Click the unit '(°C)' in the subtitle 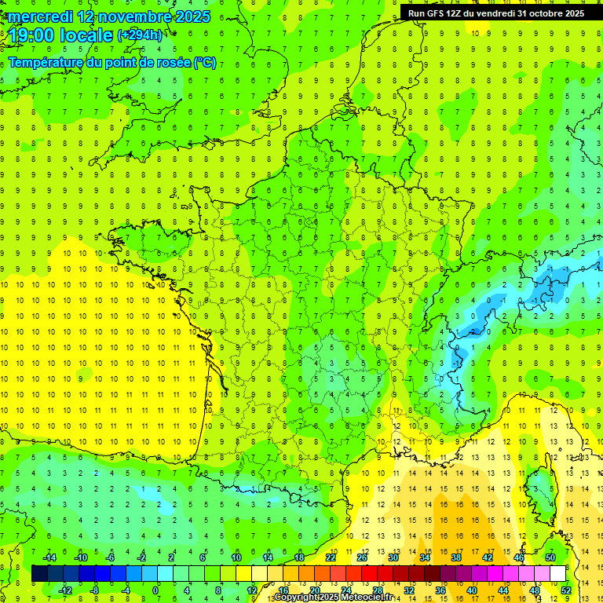(205, 62)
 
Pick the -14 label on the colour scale (49, 557)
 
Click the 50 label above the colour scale (550, 557)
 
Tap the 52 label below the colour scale (566, 590)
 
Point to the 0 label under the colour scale (155, 590)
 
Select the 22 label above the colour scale (331, 557)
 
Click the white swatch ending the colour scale (557, 574)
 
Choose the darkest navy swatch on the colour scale (39, 574)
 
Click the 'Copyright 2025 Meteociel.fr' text (334, 598)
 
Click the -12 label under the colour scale (65, 590)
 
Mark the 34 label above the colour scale (425, 557)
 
